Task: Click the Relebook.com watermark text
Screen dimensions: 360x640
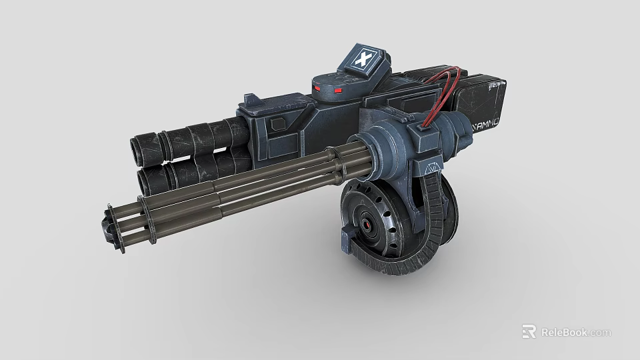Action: point(575,332)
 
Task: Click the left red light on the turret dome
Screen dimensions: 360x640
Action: point(318,89)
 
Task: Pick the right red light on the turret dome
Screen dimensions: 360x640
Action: point(338,90)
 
